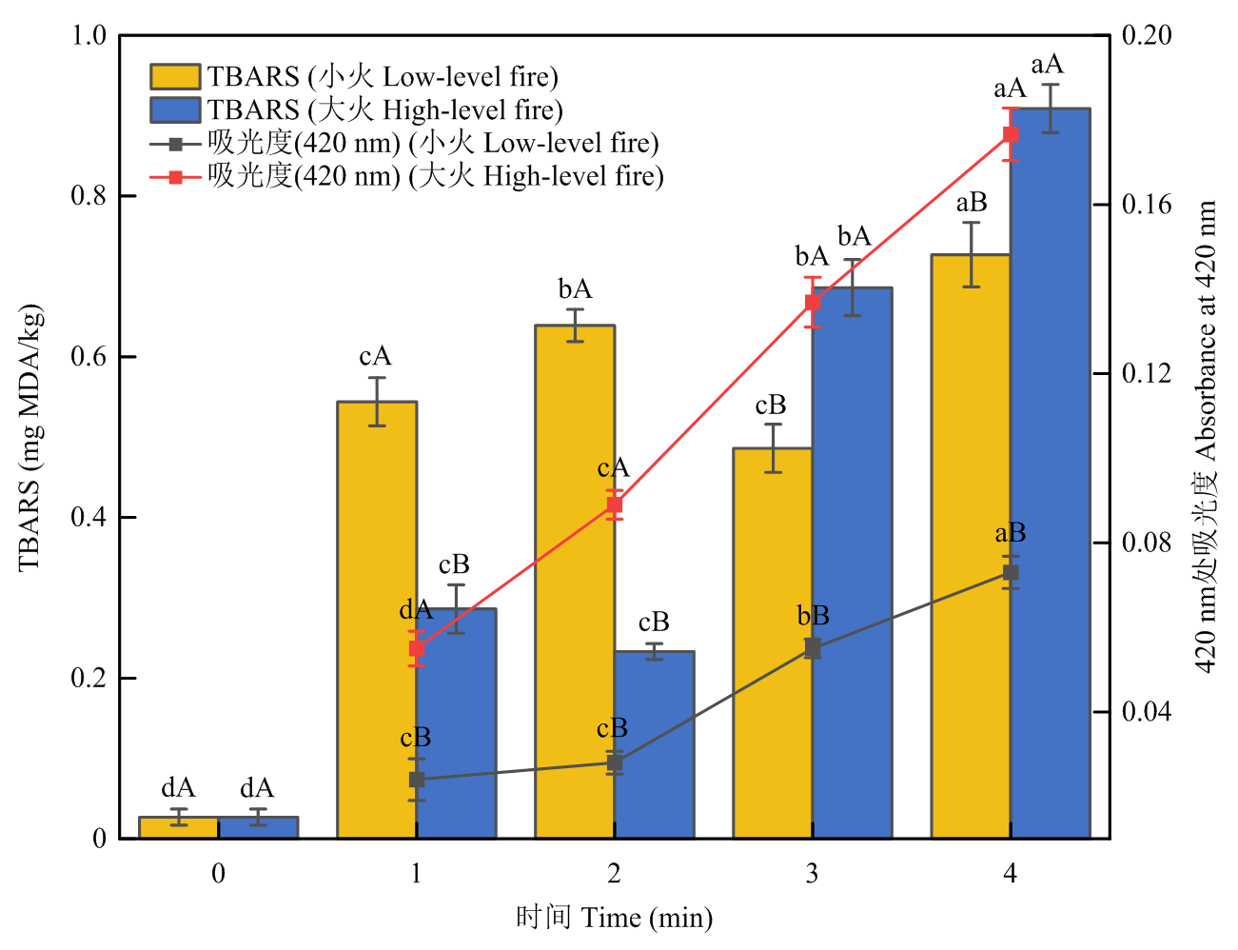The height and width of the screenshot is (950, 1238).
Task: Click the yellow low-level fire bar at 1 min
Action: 377,619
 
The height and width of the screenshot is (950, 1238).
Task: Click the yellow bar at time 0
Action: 179,827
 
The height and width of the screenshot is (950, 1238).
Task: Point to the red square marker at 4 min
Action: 1011,134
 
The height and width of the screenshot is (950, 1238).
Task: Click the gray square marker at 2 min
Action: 615,762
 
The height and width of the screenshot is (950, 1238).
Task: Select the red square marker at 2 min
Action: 615,505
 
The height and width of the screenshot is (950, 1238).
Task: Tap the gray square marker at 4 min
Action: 1011,572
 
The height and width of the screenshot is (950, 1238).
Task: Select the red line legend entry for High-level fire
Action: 407,176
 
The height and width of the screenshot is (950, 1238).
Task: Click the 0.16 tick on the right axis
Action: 1145,205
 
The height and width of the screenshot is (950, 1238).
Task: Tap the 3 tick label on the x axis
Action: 812,874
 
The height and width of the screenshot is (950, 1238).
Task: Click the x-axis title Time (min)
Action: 615,918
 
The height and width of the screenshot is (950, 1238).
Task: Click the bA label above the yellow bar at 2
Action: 575,289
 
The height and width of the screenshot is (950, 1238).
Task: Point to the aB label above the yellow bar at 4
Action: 972,203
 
